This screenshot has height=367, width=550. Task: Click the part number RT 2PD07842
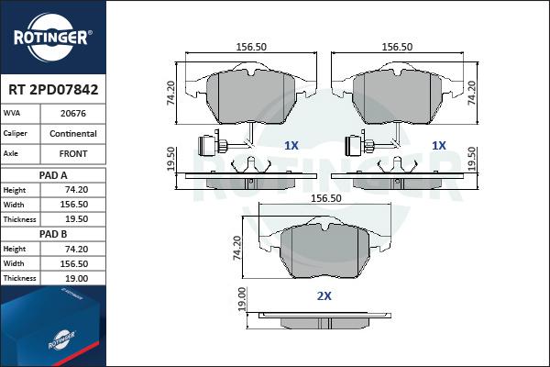coord(53,90)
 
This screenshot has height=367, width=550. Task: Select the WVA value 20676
coord(73,114)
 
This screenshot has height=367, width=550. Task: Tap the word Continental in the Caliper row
coord(73,133)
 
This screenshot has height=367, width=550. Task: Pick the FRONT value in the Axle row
coord(73,154)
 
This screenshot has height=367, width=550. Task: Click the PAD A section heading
coord(53,175)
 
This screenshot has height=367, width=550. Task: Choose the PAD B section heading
coord(53,234)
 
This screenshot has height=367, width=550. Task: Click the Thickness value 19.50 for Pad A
coord(76,219)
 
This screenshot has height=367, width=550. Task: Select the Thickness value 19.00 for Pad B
coord(76,279)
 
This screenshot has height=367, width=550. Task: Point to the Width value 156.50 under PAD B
coord(74,263)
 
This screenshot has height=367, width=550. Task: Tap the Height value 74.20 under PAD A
coord(76,190)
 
